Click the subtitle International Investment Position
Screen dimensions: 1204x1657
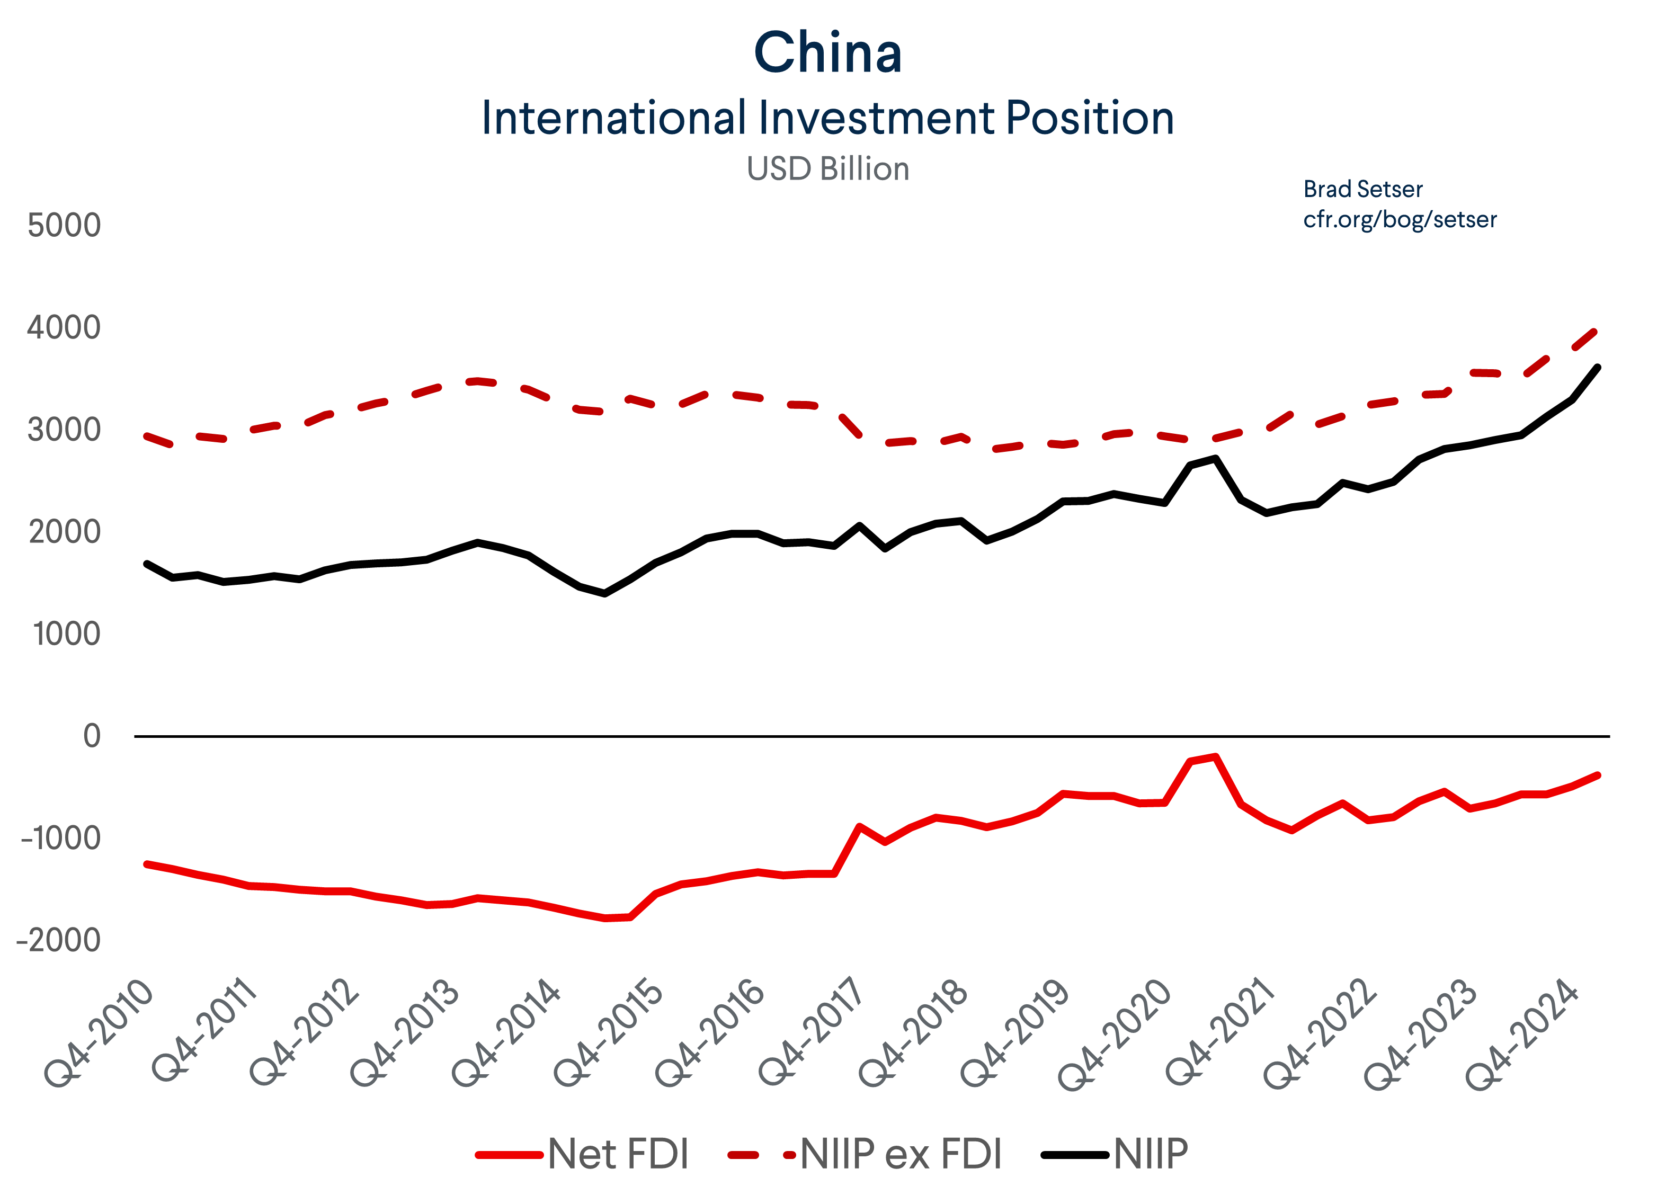click(x=828, y=118)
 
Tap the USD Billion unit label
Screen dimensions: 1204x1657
click(x=828, y=169)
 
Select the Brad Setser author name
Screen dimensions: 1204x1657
click(x=1362, y=189)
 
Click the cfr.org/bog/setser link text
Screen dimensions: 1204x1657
click(x=1400, y=219)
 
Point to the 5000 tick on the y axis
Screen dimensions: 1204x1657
click(x=64, y=225)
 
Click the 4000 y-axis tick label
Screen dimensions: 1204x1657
click(x=64, y=327)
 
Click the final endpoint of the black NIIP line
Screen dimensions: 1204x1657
click(x=1598, y=368)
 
